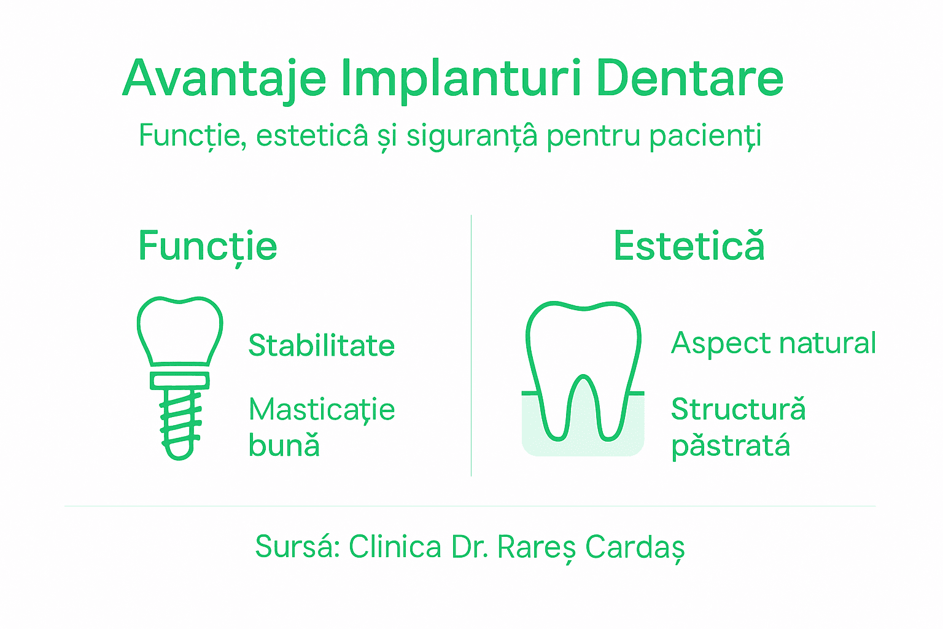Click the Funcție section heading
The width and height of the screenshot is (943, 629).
208,246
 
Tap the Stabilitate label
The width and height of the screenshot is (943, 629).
321,345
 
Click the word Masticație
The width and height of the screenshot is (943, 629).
322,410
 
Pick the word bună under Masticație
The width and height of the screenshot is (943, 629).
284,445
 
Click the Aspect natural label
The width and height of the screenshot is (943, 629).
774,343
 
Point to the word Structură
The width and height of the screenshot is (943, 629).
738,409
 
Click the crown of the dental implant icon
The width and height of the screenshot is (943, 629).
179,329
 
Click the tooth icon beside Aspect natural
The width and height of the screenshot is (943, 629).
583,369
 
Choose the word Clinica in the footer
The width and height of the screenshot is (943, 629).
395,546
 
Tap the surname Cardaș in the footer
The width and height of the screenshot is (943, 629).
635,547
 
